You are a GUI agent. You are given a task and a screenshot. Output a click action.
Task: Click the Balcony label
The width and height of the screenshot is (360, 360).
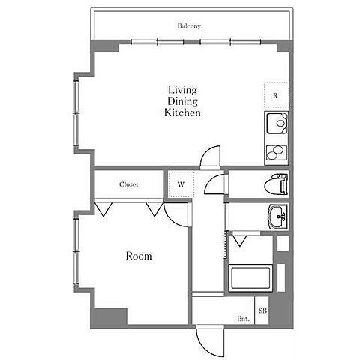(x=189, y=25)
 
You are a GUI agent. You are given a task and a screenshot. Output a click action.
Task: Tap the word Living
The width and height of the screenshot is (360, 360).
(x=182, y=90)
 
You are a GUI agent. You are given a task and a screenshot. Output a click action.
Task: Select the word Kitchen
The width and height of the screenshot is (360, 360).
(x=182, y=112)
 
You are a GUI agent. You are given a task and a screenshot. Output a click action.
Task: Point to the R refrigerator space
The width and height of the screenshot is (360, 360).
(x=277, y=95)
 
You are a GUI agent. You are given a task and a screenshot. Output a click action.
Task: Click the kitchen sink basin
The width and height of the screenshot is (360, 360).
(x=277, y=123)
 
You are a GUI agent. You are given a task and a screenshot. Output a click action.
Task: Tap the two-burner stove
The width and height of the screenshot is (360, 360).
(x=276, y=153)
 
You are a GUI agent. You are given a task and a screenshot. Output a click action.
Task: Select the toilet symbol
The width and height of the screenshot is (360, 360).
(x=276, y=184)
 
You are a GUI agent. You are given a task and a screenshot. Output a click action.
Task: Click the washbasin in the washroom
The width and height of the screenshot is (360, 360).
(x=278, y=216)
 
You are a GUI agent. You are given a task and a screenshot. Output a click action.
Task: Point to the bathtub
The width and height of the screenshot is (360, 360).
(x=250, y=277)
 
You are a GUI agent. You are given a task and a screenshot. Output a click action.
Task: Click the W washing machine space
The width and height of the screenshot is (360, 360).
(x=181, y=184)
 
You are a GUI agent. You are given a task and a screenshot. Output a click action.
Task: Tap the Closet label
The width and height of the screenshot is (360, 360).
(x=128, y=184)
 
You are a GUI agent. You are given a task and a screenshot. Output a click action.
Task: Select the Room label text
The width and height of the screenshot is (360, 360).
(x=139, y=256)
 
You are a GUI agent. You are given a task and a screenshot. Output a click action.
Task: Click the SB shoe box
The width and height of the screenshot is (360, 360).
(x=262, y=310)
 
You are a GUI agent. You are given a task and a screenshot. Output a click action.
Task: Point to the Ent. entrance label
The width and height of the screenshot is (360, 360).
(x=243, y=319)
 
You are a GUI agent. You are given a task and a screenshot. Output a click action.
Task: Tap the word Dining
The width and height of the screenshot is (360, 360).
(x=182, y=101)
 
